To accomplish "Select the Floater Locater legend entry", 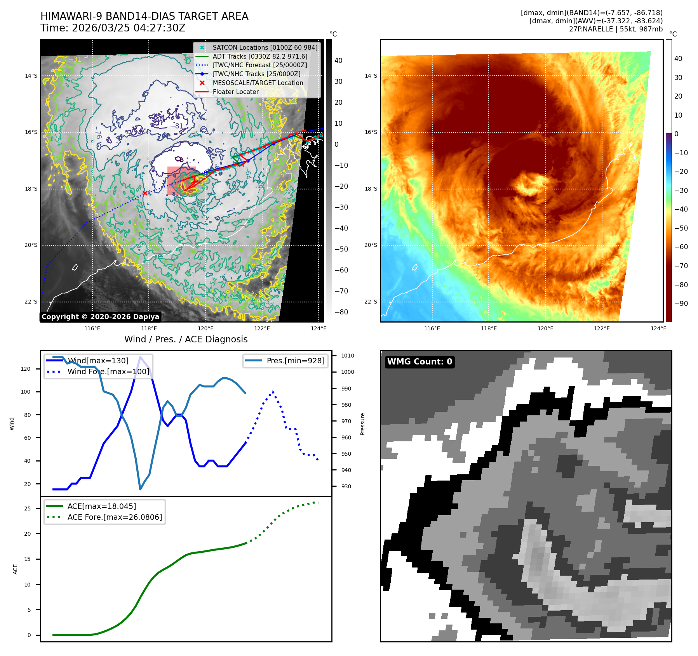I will [x=235, y=92].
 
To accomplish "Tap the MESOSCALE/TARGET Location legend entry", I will [x=258, y=83].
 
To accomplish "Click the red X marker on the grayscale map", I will [x=145, y=193].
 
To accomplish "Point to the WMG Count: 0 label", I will [x=419, y=362].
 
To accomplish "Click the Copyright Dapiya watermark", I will [x=100, y=317].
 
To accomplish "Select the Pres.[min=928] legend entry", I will [x=295, y=361].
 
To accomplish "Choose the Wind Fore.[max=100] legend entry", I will [x=108, y=371].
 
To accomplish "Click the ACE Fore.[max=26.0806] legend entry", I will [x=115, y=517].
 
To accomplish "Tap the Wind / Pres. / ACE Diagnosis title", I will [x=186, y=339].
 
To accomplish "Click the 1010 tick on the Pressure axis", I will [x=348, y=356].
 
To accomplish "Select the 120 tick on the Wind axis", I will [x=26, y=369].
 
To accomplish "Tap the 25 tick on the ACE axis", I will [x=27, y=508].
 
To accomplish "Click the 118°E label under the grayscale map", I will [x=149, y=328].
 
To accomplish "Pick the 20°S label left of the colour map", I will [x=371, y=245].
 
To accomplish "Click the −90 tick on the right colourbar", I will [x=681, y=304].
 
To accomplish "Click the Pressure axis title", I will [x=362, y=424].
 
